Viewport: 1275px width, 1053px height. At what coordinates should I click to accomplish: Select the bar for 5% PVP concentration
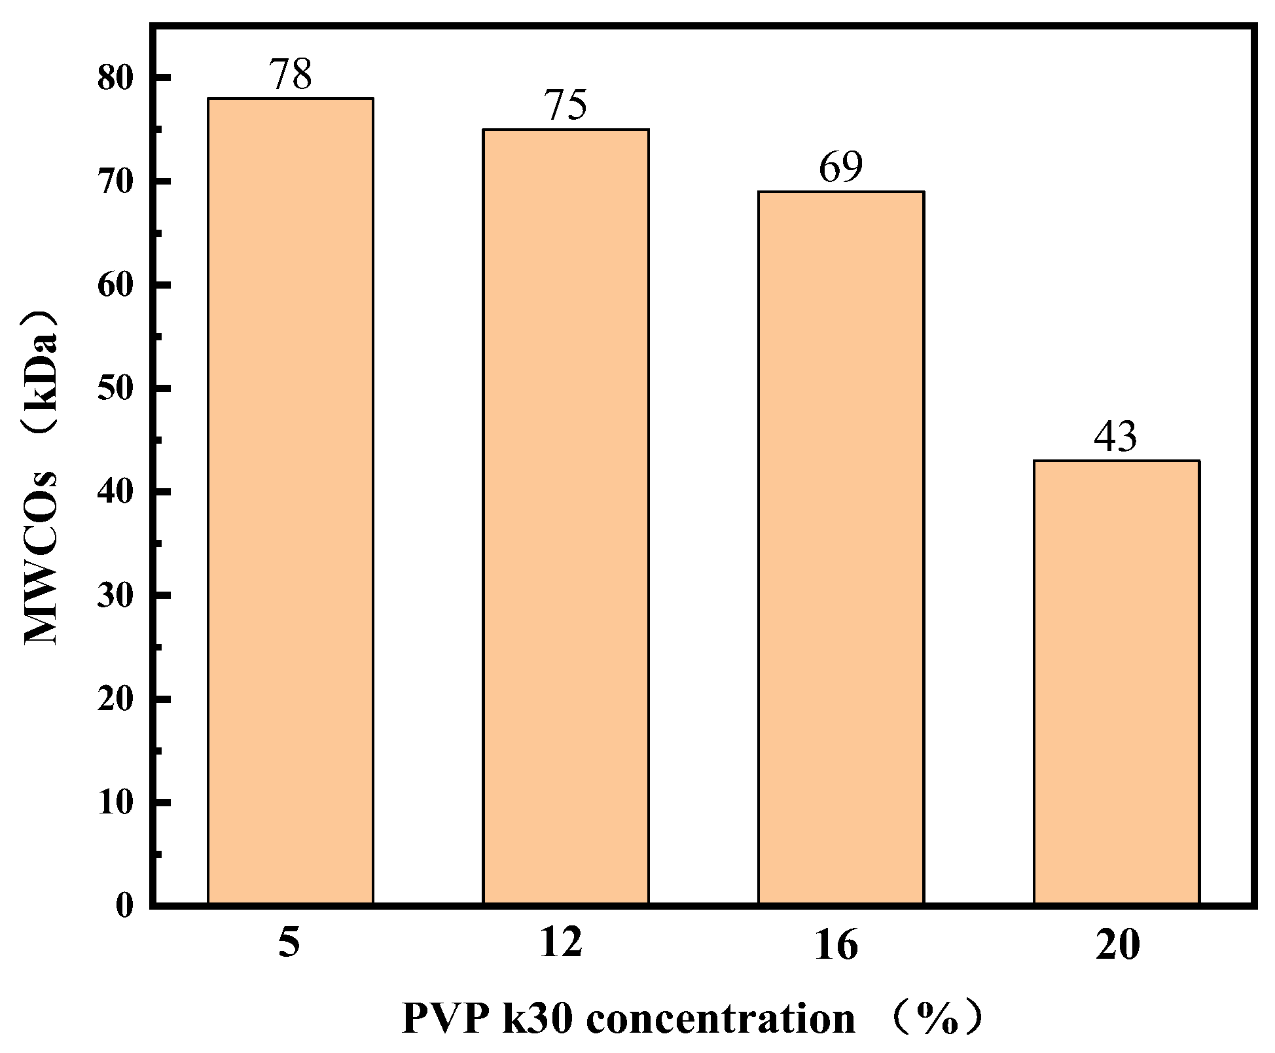click(290, 501)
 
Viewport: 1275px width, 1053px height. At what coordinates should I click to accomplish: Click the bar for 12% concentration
click(566, 517)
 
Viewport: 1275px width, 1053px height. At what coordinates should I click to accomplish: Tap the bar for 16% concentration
click(841, 548)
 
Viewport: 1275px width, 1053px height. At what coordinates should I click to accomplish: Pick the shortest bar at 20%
click(1117, 682)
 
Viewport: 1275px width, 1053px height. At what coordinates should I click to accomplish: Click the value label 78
click(291, 74)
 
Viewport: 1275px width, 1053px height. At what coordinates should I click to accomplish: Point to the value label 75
click(566, 105)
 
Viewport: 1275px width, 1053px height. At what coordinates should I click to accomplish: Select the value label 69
click(841, 168)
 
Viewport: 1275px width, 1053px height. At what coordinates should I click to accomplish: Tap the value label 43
click(1116, 437)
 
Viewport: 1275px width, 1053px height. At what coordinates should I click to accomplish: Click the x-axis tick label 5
click(289, 944)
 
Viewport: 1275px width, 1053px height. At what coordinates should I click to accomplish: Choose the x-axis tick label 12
click(561, 944)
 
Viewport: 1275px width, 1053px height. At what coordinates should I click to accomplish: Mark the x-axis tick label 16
click(836, 946)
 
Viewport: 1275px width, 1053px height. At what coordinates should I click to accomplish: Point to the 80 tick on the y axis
click(115, 78)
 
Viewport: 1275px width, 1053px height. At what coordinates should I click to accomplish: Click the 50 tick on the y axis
click(115, 389)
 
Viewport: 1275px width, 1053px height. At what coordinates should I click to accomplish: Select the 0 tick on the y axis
click(124, 906)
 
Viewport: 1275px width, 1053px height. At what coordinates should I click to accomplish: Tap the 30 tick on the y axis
click(115, 596)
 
